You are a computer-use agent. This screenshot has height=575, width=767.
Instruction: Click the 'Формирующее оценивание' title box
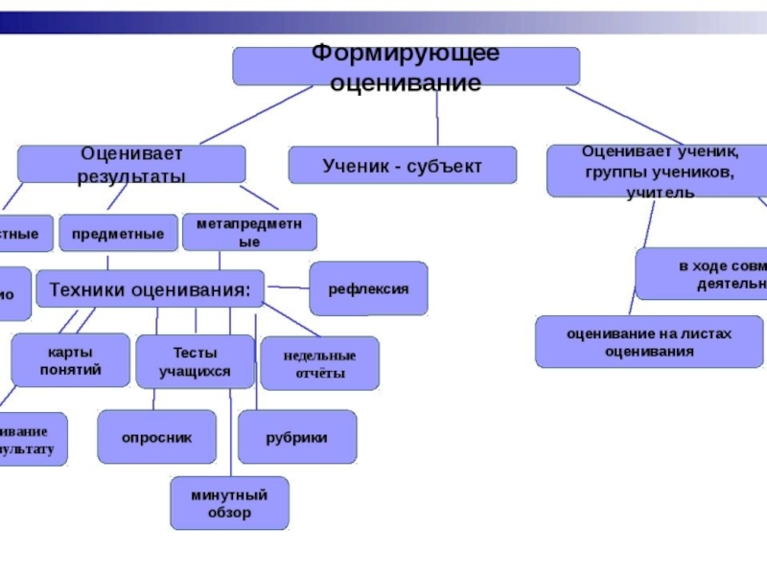(406, 67)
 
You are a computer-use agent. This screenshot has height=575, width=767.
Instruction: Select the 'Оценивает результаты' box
(131, 164)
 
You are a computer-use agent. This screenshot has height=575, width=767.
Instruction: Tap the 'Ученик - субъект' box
(402, 165)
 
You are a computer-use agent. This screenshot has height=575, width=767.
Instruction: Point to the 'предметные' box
(118, 233)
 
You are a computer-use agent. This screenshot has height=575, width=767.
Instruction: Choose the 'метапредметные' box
(248, 233)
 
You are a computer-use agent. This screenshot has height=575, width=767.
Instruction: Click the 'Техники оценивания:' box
(150, 287)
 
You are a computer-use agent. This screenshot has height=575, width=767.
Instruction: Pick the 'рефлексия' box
(368, 288)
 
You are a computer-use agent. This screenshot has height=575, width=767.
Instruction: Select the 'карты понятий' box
(70, 359)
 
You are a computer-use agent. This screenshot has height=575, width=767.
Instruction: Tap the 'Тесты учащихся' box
(195, 360)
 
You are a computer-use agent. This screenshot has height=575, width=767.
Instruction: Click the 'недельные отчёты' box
(319, 363)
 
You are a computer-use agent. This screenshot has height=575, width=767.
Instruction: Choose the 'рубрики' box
(296, 437)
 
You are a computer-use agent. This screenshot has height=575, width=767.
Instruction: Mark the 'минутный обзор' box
(228, 503)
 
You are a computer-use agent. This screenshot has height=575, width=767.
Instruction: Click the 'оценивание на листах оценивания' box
(648, 342)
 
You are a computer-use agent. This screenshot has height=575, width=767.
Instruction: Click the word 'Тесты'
(195, 352)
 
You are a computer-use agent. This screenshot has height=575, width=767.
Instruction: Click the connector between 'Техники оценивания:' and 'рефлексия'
(287, 287)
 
